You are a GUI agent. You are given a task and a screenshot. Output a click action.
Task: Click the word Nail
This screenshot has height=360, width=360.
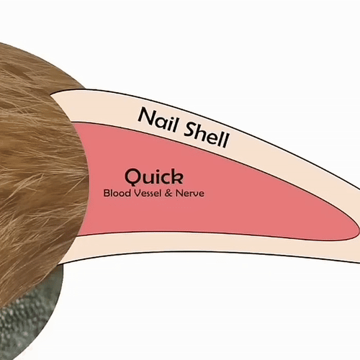coord(158,119)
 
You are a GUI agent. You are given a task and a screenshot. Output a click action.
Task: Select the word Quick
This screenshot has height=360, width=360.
coord(154,177)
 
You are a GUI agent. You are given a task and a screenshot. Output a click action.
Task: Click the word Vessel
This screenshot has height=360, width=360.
coord(148,193)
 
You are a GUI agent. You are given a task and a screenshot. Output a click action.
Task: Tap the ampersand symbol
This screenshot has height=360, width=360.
coord(168,193)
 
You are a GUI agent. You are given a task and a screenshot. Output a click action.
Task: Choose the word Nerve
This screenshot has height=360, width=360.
coord(190,193)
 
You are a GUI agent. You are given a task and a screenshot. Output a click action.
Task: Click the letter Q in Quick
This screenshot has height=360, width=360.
coord(132,177)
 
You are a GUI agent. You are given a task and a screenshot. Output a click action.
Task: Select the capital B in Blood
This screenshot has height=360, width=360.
coord(107,193)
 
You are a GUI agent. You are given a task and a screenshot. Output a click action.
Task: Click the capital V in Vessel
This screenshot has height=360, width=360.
coord(137,193)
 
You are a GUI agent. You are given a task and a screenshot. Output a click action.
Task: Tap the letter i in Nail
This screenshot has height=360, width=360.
coord(169,122)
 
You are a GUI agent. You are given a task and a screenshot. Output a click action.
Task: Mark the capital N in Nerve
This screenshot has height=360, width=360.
coord(179,193)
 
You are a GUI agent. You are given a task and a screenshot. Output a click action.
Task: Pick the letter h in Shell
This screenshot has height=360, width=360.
coord(204,133)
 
